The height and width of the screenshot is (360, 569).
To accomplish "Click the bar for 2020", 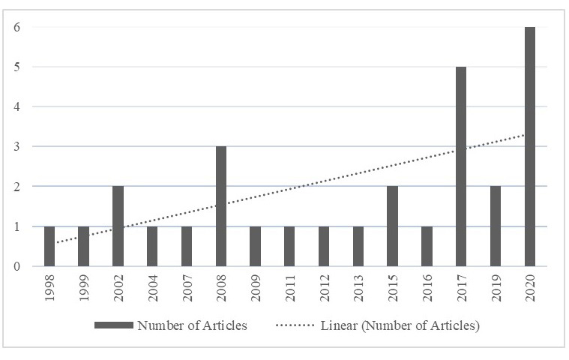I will [530, 146].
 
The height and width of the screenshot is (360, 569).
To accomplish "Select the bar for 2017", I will [461, 166].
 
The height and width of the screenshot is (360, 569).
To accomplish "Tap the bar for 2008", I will [221, 206].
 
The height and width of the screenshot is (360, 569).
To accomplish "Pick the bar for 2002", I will [118, 226].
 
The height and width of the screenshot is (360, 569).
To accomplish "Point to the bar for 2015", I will [393, 226].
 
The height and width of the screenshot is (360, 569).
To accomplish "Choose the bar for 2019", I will [496, 226].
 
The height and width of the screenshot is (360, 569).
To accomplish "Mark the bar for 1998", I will [49, 246].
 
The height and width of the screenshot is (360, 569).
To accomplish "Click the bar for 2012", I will [324, 246].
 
